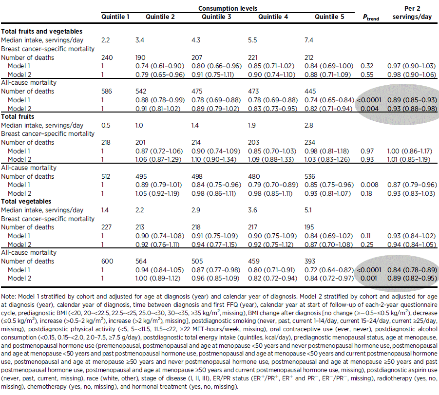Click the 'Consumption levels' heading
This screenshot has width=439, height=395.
[228, 8]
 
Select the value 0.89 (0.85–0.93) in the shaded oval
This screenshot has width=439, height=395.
[413, 99]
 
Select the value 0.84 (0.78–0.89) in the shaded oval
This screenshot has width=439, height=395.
[413, 269]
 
